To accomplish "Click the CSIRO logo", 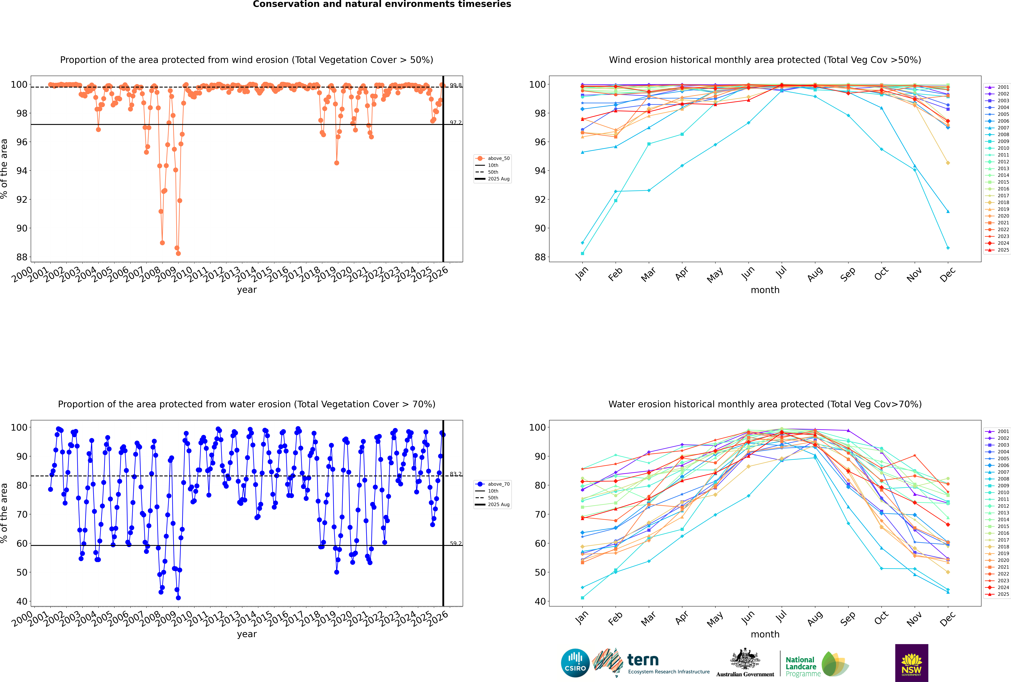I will point(575,663).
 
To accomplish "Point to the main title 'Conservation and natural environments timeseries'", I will point(382,4).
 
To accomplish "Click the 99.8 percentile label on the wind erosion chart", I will point(456,85).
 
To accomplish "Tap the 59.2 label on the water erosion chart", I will point(456,543).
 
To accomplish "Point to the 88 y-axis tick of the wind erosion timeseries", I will point(22,257).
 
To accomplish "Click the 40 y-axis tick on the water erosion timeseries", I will point(22,602).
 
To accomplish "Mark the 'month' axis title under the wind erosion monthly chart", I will point(765,290).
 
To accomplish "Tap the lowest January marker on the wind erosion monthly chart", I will point(582,254).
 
